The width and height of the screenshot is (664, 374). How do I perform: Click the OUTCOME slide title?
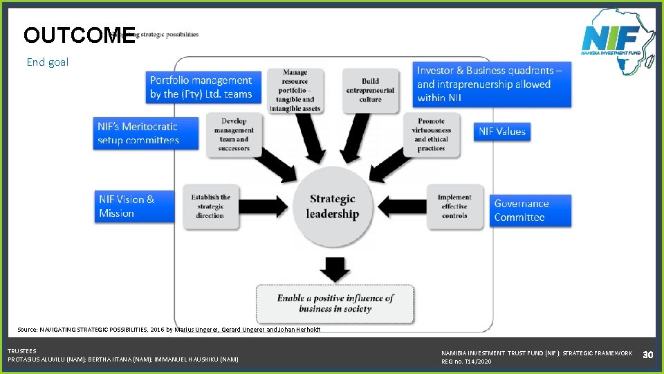click(79, 35)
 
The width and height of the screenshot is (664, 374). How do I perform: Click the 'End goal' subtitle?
click(48, 62)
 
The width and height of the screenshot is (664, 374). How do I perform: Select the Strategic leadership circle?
click(333, 206)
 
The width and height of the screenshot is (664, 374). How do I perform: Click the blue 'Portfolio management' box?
click(201, 87)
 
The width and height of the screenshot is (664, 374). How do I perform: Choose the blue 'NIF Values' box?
click(502, 131)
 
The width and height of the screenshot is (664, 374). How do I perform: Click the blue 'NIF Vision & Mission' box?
click(135, 206)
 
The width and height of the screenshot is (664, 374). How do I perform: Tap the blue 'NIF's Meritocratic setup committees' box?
click(147, 133)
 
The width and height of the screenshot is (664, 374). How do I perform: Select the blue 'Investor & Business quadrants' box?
click(492, 84)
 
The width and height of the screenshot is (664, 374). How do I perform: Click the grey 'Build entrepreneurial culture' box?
click(371, 90)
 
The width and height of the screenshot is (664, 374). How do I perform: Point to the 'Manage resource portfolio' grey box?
click(295, 90)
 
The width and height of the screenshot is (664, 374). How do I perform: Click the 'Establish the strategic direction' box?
click(210, 206)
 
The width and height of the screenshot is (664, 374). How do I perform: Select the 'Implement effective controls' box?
click(454, 206)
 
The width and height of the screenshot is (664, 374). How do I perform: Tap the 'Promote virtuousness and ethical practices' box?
click(431, 134)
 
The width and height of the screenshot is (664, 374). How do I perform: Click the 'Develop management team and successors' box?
click(234, 134)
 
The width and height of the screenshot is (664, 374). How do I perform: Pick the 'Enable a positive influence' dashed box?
click(335, 303)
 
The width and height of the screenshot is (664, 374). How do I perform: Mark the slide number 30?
click(647, 355)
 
